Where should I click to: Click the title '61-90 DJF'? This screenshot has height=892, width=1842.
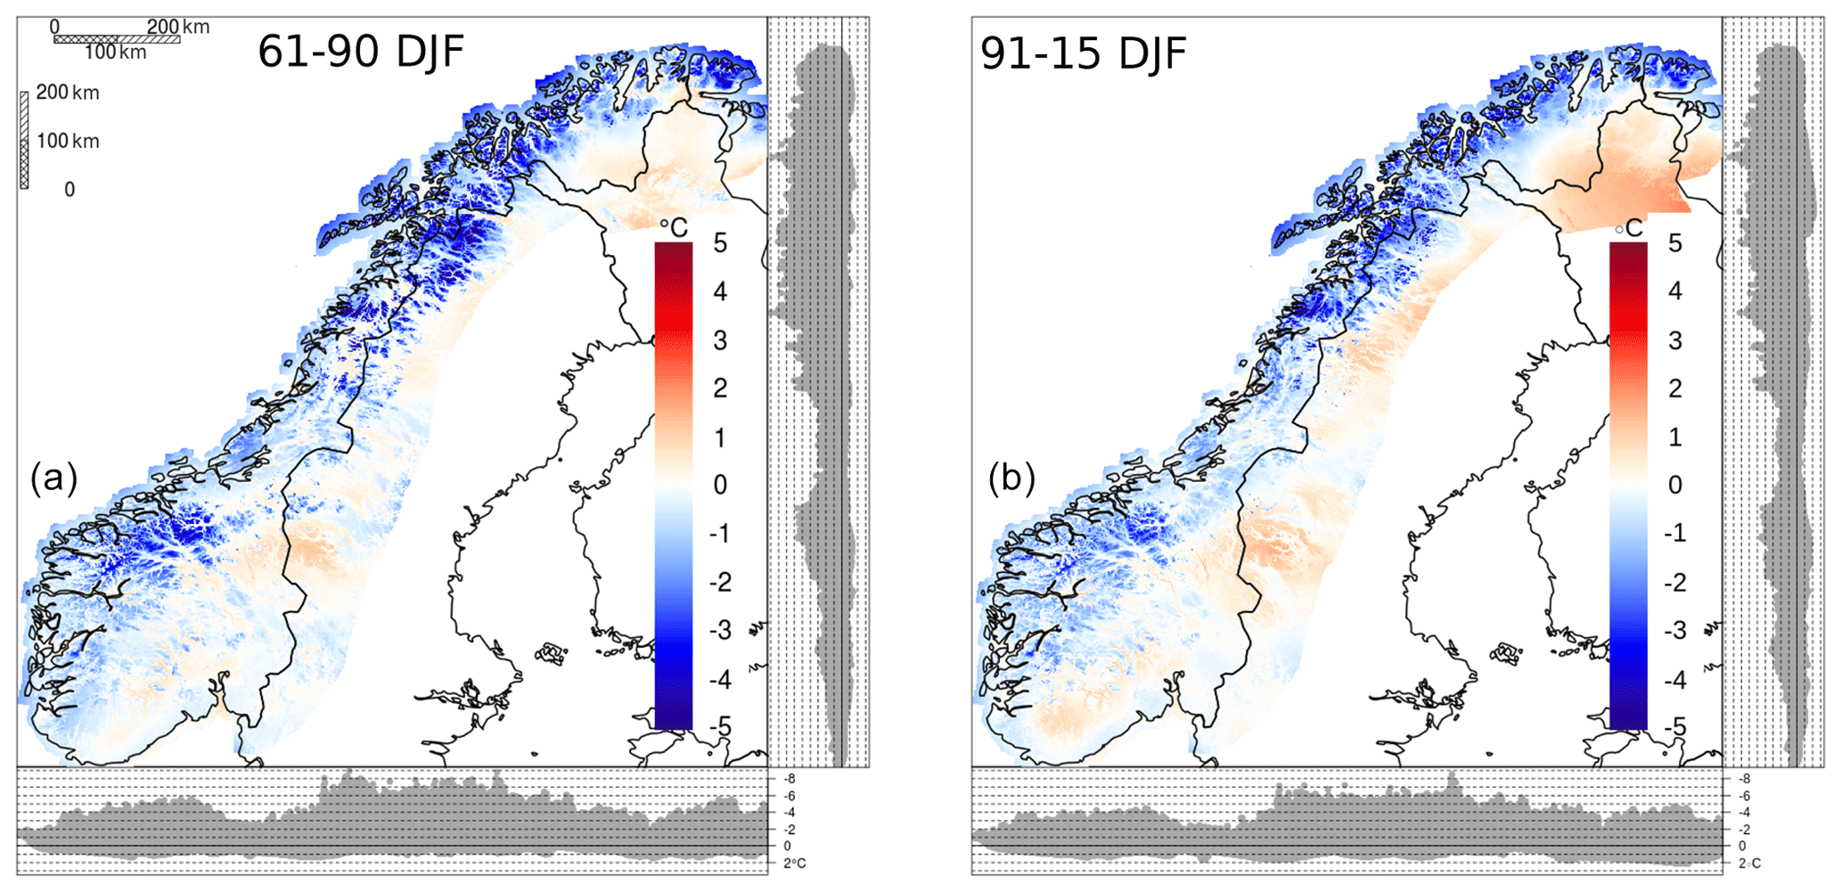[x=361, y=52]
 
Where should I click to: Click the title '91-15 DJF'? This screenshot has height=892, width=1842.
[x=1083, y=53]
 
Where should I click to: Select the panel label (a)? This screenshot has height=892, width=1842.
[x=53, y=479]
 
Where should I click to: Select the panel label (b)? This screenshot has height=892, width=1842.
[x=1011, y=479]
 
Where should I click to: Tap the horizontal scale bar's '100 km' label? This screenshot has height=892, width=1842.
[x=115, y=53]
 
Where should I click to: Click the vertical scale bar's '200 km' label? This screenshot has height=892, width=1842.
[x=68, y=93]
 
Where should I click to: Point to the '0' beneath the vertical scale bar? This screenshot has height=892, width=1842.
[x=70, y=189]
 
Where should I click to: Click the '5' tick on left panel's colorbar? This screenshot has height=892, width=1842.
[x=720, y=243]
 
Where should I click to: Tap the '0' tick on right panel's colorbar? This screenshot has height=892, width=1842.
[x=1675, y=485]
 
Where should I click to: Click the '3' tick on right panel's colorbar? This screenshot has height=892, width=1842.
[x=1675, y=340]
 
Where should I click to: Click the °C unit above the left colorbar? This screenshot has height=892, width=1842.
[x=675, y=228]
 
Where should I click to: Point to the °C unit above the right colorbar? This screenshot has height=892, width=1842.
[x=1629, y=228]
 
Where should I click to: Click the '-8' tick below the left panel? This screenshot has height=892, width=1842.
[x=789, y=779]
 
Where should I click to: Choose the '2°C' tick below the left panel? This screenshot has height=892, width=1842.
[x=794, y=863]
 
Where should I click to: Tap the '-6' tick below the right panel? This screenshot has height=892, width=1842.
[x=1744, y=796]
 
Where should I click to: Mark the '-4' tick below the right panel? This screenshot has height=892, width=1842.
[x=1744, y=813]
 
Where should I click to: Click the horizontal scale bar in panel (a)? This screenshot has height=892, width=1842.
[x=117, y=39]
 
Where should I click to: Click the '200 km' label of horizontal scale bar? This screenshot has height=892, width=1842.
[x=178, y=27]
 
